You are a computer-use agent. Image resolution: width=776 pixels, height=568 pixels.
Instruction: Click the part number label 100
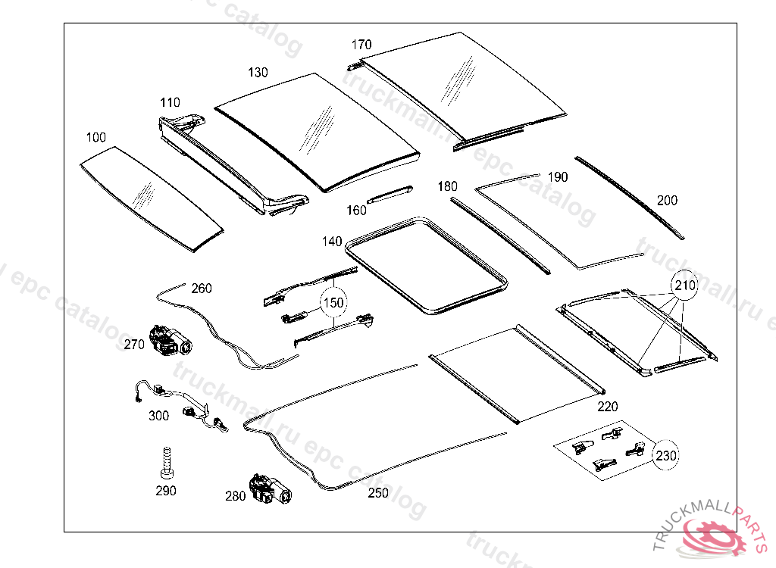coord(96,137)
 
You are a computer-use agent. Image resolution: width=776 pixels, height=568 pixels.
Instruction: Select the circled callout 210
coord(684,286)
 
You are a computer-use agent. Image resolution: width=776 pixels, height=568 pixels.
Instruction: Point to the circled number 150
coord(333,302)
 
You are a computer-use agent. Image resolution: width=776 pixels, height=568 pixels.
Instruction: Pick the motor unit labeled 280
coord(268,488)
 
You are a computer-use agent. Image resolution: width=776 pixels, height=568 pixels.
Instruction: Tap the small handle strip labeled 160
coord(390,194)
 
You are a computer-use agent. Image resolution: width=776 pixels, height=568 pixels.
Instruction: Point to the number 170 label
coord(361,45)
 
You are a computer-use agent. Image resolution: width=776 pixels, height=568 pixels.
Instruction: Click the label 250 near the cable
coord(377,493)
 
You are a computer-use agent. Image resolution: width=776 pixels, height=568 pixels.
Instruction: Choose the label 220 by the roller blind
coord(607,407)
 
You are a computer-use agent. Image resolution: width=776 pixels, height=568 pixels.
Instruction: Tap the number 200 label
coord(668,201)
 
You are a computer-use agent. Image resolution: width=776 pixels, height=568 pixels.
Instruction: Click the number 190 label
coord(557,177)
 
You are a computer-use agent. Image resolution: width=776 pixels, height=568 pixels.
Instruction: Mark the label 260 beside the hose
coord(202,289)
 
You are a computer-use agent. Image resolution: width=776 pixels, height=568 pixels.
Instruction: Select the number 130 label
coord(258,73)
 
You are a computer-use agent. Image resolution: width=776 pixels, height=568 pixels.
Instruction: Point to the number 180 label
coord(447,186)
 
